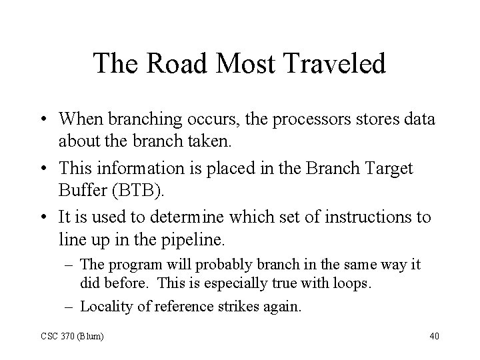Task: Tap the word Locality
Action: click(101, 306)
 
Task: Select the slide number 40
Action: click(434, 335)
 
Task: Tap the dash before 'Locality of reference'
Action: click(71, 306)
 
